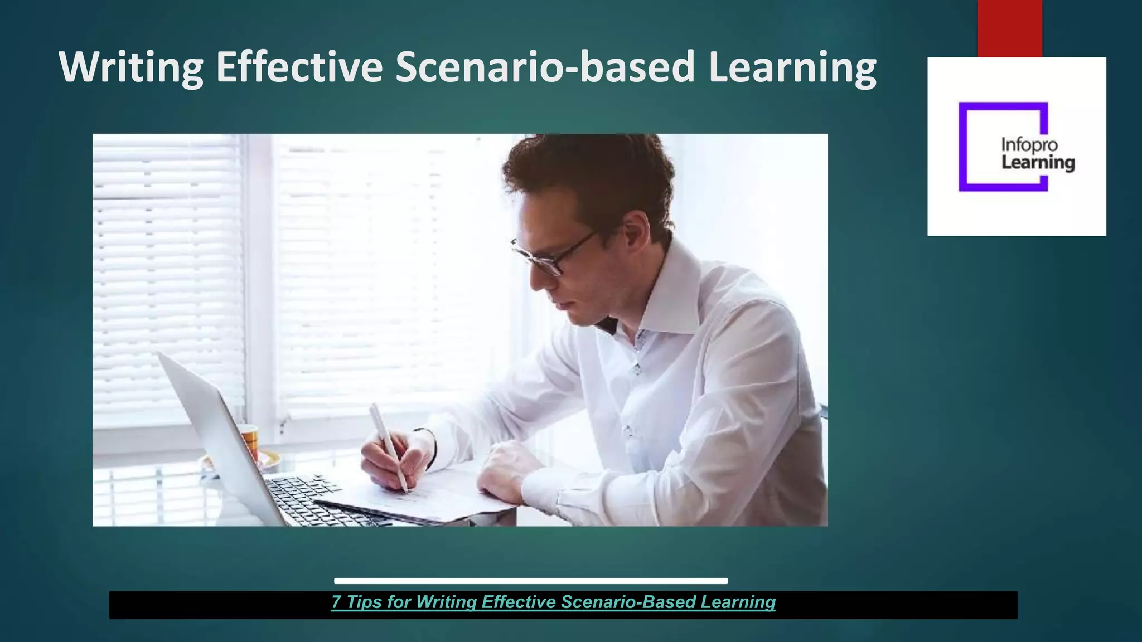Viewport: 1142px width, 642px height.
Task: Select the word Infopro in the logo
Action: (1029, 145)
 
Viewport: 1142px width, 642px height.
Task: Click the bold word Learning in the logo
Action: (1038, 163)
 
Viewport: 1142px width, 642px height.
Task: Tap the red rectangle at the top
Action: (1009, 28)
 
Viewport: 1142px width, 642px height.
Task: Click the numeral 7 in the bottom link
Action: (336, 602)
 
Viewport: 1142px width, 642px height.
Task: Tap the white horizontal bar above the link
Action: (531, 581)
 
